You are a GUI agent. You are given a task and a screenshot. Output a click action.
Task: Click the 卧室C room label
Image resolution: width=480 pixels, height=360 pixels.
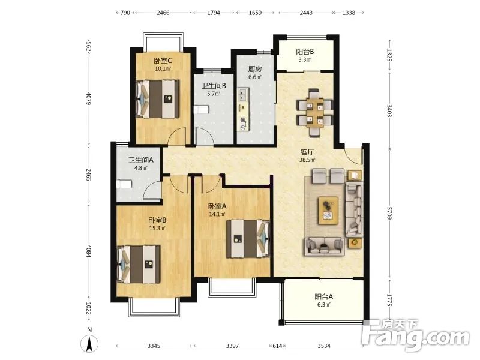[x=163, y=61]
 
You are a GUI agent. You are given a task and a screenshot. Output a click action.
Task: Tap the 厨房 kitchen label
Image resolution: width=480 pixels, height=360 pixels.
[x=254, y=69]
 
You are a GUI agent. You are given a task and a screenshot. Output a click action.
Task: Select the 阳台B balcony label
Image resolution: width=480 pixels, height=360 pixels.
[x=305, y=52]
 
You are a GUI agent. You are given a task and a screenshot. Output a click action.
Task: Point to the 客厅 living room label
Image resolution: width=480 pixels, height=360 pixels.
[x=307, y=152]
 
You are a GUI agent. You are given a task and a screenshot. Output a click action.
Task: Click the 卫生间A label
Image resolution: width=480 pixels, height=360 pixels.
[x=141, y=160]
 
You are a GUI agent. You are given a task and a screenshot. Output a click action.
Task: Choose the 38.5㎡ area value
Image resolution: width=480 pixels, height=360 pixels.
[x=307, y=160]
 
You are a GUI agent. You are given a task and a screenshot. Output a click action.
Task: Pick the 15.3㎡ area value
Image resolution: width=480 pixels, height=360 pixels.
[x=157, y=228]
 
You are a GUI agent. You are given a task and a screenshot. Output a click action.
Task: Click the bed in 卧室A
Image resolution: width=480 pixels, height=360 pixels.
[x=248, y=239]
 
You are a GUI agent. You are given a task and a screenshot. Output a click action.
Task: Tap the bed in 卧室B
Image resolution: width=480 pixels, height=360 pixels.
[x=139, y=264]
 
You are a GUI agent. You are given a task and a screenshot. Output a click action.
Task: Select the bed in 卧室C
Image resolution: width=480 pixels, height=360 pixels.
[x=158, y=99]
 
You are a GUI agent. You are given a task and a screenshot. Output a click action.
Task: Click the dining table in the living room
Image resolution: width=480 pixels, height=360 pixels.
[x=314, y=112]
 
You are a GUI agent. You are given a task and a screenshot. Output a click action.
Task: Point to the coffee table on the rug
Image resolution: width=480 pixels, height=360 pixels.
[x=328, y=211]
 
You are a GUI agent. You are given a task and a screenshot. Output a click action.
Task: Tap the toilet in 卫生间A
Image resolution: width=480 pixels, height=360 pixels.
[x=124, y=184]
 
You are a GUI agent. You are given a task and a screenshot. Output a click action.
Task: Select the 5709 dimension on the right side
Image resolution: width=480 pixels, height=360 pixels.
[x=389, y=213]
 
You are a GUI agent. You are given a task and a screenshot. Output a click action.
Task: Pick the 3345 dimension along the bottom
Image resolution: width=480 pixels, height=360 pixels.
[x=154, y=346]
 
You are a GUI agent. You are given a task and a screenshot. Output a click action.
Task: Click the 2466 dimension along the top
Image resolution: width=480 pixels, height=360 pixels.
[x=163, y=13]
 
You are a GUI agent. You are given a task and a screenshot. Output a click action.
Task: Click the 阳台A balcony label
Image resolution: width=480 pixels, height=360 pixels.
[x=323, y=296]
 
